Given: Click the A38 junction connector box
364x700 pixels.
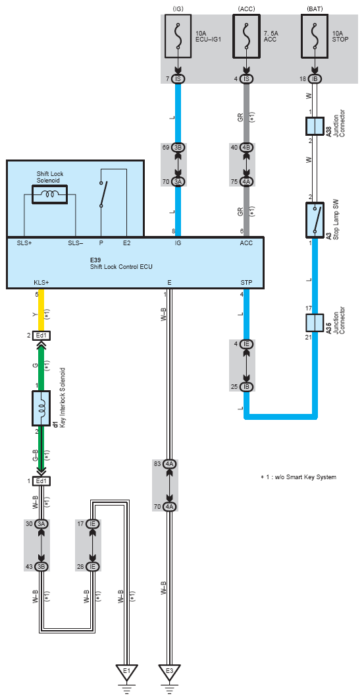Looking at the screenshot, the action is click(x=315, y=127).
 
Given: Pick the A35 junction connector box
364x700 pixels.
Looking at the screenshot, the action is click(x=315, y=322).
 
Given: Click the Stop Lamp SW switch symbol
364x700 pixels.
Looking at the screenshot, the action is click(x=315, y=219).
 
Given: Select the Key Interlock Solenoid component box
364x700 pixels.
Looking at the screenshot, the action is click(x=41, y=409).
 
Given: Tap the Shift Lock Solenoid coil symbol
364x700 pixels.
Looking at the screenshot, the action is click(x=50, y=194).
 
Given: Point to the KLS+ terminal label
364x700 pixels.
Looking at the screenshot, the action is click(x=41, y=282).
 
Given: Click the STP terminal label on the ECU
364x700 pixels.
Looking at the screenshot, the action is click(x=246, y=282).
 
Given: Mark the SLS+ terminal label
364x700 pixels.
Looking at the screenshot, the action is click(x=24, y=243).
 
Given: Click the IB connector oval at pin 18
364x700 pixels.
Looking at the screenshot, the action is click(x=315, y=79).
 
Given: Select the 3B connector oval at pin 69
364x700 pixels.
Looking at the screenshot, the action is click(x=178, y=147).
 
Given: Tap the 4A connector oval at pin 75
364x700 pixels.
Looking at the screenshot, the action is click(x=246, y=182).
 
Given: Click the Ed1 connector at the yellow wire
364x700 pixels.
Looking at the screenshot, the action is click(x=41, y=335).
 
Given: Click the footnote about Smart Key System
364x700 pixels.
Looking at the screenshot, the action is click(x=298, y=477).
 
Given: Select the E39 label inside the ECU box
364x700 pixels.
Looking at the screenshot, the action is click(x=97, y=260).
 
